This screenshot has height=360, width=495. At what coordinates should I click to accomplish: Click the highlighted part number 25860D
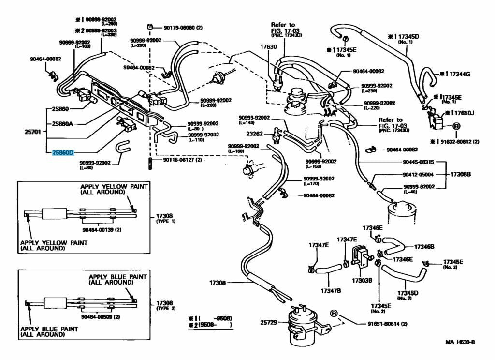tap(63, 153)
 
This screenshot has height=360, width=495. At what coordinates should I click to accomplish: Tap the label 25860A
tap(63, 124)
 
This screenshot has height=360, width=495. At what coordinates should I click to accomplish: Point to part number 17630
tap(268, 47)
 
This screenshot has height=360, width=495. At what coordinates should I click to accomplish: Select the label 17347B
tap(331, 291)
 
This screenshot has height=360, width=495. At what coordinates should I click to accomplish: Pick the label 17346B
tap(424, 247)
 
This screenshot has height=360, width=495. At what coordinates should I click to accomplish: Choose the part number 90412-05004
tap(418, 174)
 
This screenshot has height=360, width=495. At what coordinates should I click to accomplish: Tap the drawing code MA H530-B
tap(460, 342)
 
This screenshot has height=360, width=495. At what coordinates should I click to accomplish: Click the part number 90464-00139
tap(102, 230)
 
